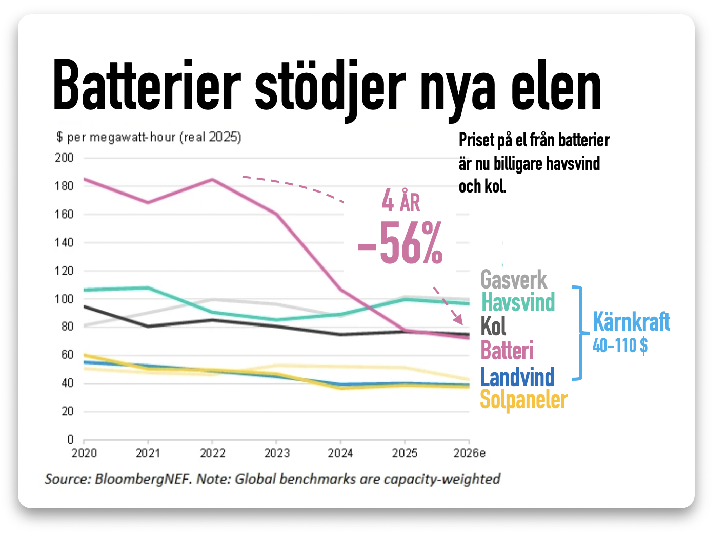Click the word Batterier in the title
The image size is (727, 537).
147,86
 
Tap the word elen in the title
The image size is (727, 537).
556,86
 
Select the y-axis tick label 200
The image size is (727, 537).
64,158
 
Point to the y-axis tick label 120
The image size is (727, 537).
64,271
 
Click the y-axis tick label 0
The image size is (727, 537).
70,439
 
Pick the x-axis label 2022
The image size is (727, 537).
212,453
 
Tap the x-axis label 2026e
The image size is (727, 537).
469,453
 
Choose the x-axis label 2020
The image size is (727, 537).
84,453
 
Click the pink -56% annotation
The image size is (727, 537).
400,242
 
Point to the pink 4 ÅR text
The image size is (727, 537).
401,201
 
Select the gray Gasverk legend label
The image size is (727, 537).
513,280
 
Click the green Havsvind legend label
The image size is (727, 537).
518,302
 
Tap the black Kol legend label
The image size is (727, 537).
493,326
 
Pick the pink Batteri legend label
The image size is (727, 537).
507,350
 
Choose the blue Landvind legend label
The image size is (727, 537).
517,377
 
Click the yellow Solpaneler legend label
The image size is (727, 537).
524,400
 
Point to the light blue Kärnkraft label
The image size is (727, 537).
631,321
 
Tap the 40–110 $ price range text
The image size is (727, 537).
620,345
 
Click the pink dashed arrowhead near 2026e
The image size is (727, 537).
458,319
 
